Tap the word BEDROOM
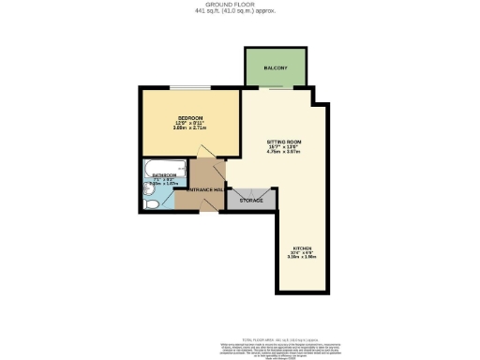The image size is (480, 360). [x=191, y=118]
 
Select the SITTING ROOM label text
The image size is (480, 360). [x=283, y=141]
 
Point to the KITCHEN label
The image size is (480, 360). [x=301, y=247]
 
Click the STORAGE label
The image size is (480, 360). [x=251, y=200]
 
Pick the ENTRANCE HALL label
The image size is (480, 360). [x=205, y=190]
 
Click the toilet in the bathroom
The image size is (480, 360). [x=149, y=201]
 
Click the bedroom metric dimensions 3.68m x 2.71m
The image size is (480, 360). [x=191, y=129]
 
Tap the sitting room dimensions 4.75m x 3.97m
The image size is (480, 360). [x=283, y=152]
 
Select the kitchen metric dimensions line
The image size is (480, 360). [x=301, y=258]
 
